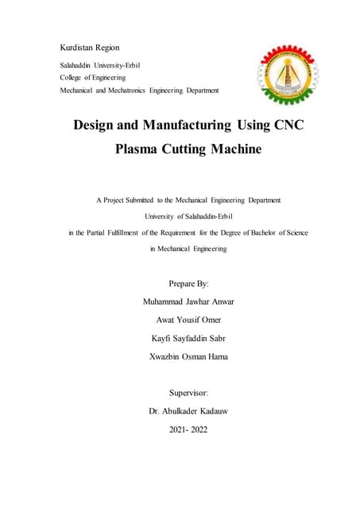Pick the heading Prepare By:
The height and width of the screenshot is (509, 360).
[x=188, y=283]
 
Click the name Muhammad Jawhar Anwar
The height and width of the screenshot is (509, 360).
[x=188, y=301]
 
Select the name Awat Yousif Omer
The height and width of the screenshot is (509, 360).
[x=188, y=320]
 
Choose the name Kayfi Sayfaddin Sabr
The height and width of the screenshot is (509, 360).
[x=188, y=338]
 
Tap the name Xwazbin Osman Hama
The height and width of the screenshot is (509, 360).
[x=188, y=356]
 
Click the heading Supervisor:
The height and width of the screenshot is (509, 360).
[x=188, y=393]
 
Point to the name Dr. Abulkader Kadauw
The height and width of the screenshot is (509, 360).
[x=188, y=411]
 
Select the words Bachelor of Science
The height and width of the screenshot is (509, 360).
[x=275, y=232]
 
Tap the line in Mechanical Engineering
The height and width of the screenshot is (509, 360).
[x=188, y=249]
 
